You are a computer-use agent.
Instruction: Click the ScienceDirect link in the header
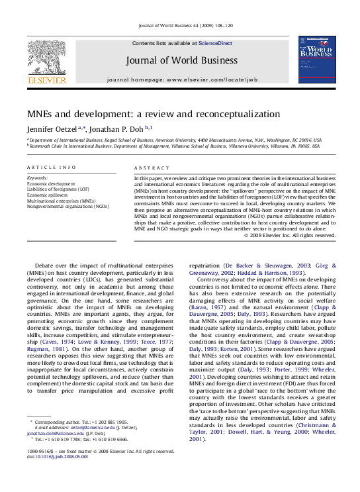click(x=215, y=43)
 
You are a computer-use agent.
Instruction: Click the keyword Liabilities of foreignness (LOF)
click(x=58, y=189)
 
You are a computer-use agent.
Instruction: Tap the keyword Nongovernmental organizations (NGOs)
click(x=67, y=206)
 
